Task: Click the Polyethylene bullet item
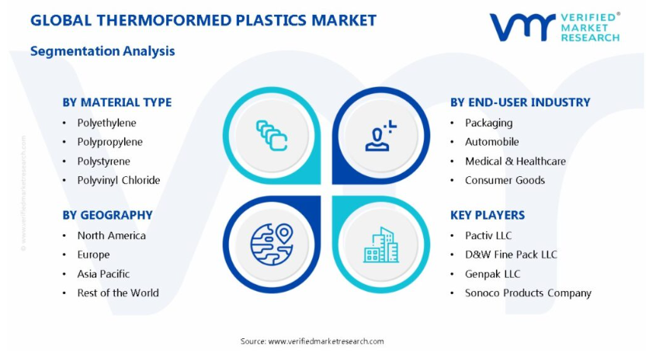[x=106, y=123]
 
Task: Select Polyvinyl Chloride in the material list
[x=118, y=181]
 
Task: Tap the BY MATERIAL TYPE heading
[x=117, y=102]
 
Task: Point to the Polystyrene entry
[x=103, y=161]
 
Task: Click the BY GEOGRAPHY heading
[x=108, y=215]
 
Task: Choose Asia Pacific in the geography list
[x=103, y=274]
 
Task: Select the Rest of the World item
[x=118, y=293]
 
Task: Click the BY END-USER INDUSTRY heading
[x=520, y=102]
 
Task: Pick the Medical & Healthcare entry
[x=515, y=161]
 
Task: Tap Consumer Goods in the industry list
[x=505, y=181]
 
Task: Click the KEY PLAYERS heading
[x=488, y=215]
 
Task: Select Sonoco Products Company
[x=528, y=293]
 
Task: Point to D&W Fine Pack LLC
[x=511, y=254]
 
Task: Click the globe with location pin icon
[x=272, y=244]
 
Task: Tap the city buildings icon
[x=381, y=245]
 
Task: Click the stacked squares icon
[x=272, y=135]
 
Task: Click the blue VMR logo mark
[x=522, y=27]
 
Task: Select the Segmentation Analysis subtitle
[x=102, y=51]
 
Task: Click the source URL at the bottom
[x=326, y=341]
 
